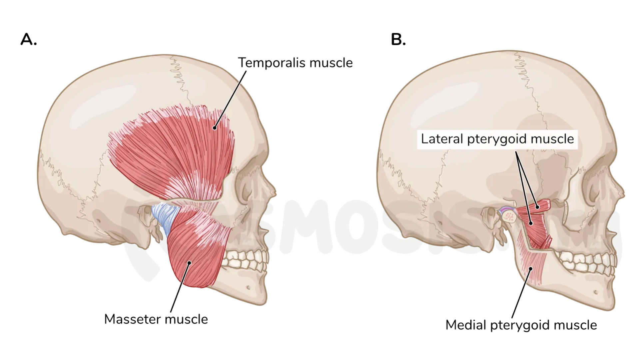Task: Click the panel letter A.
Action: click(x=28, y=40)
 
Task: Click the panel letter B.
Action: click(x=398, y=40)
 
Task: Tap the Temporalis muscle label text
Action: click(x=295, y=63)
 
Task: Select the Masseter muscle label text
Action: click(x=156, y=319)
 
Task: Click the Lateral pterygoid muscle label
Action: click(x=497, y=139)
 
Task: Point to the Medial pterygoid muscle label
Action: click(x=521, y=325)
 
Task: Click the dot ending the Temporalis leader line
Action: click(x=215, y=128)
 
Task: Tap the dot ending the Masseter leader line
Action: click(x=189, y=263)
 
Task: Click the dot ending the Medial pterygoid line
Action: click(x=531, y=268)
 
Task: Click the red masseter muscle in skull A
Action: click(x=195, y=253)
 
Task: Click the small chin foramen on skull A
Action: click(x=248, y=287)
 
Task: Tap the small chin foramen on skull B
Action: click(x=596, y=292)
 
